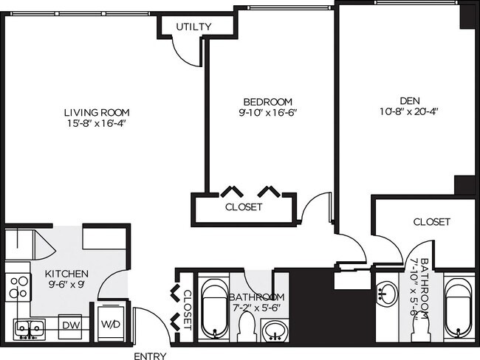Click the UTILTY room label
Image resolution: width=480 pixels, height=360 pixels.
(193, 27)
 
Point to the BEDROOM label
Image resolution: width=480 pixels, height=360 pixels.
(268, 102)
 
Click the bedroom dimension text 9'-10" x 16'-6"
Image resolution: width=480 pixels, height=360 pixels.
(268, 114)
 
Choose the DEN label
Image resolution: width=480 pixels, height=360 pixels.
(410, 102)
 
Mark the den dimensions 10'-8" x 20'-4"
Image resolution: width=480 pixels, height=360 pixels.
(410, 114)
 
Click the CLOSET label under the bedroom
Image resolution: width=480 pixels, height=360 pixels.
(243, 207)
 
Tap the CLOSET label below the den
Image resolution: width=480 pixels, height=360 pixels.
(432, 221)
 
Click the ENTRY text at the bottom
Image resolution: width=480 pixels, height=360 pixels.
(149, 356)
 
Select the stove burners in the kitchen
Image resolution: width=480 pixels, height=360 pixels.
(18, 288)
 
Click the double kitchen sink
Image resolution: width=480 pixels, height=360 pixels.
(30, 328)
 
